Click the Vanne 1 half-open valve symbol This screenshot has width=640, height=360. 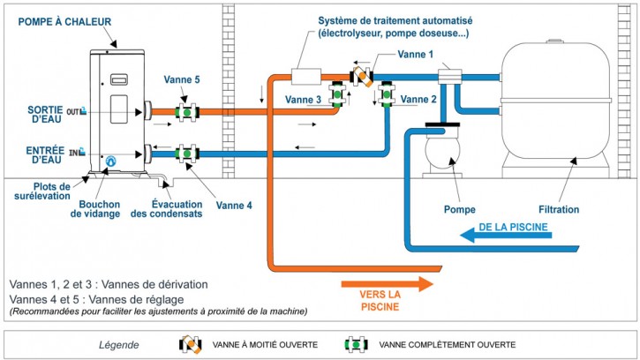[362, 77]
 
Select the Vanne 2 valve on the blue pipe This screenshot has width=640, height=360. [386, 94]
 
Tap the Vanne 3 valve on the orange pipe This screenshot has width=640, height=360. [337, 94]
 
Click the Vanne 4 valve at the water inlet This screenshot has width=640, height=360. [187, 154]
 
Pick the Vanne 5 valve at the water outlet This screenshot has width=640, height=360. [187, 112]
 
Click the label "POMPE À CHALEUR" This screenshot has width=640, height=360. [64, 22]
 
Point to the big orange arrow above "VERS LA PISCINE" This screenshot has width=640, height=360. [387, 283]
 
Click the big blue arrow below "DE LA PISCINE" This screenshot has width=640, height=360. [506, 235]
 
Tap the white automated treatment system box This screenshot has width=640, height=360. [306, 77]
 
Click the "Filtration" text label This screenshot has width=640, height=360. [559, 209]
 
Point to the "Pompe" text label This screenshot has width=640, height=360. [460, 209]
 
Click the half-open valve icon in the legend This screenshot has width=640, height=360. [191, 344]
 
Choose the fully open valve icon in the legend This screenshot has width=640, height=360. [356, 344]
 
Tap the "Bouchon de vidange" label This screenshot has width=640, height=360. [95, 208]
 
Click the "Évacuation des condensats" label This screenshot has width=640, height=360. [167, 208]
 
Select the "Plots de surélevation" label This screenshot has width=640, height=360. [42, 191]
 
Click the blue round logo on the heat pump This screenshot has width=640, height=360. [110, 161]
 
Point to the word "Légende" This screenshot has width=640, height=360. [119, 345]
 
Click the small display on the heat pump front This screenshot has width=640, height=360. [119, 79]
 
